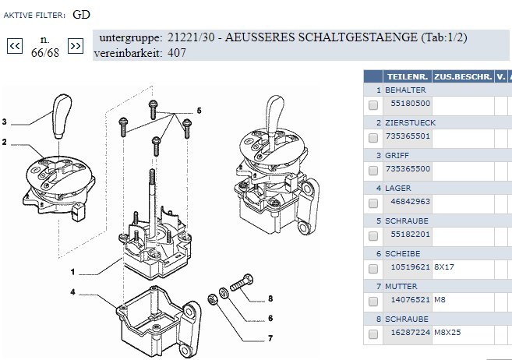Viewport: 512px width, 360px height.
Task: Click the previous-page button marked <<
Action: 15,46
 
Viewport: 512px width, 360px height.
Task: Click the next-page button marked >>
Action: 76,46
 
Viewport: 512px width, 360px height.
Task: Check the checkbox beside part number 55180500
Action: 373,105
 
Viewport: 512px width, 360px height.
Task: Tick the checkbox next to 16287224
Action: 373,334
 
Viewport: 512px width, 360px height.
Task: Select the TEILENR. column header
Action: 407,76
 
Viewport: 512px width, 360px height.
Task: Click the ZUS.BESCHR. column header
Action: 463,76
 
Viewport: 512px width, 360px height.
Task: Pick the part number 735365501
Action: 408,136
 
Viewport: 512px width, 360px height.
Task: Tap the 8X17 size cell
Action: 444,267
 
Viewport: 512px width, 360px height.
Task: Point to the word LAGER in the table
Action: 398,189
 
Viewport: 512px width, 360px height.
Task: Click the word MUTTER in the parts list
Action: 401,287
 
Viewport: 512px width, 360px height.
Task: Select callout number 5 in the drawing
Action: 200,111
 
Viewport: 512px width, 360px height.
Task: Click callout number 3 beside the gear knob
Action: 4,122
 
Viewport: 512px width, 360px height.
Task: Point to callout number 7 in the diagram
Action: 270,338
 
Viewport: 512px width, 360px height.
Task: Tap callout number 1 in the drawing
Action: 72,272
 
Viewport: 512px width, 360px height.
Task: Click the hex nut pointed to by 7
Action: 212,298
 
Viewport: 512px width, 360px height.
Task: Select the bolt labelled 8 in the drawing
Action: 242,282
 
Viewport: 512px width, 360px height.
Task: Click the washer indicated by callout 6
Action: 224,293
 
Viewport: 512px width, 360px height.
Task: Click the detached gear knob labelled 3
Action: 62,117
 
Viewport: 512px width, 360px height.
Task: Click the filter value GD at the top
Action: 81,15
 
